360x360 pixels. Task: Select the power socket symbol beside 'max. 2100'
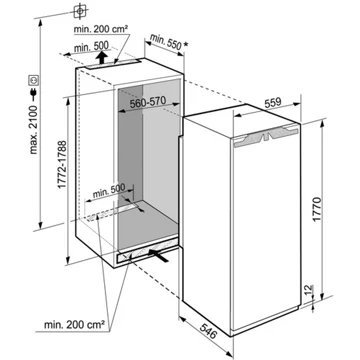click(34, 78)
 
